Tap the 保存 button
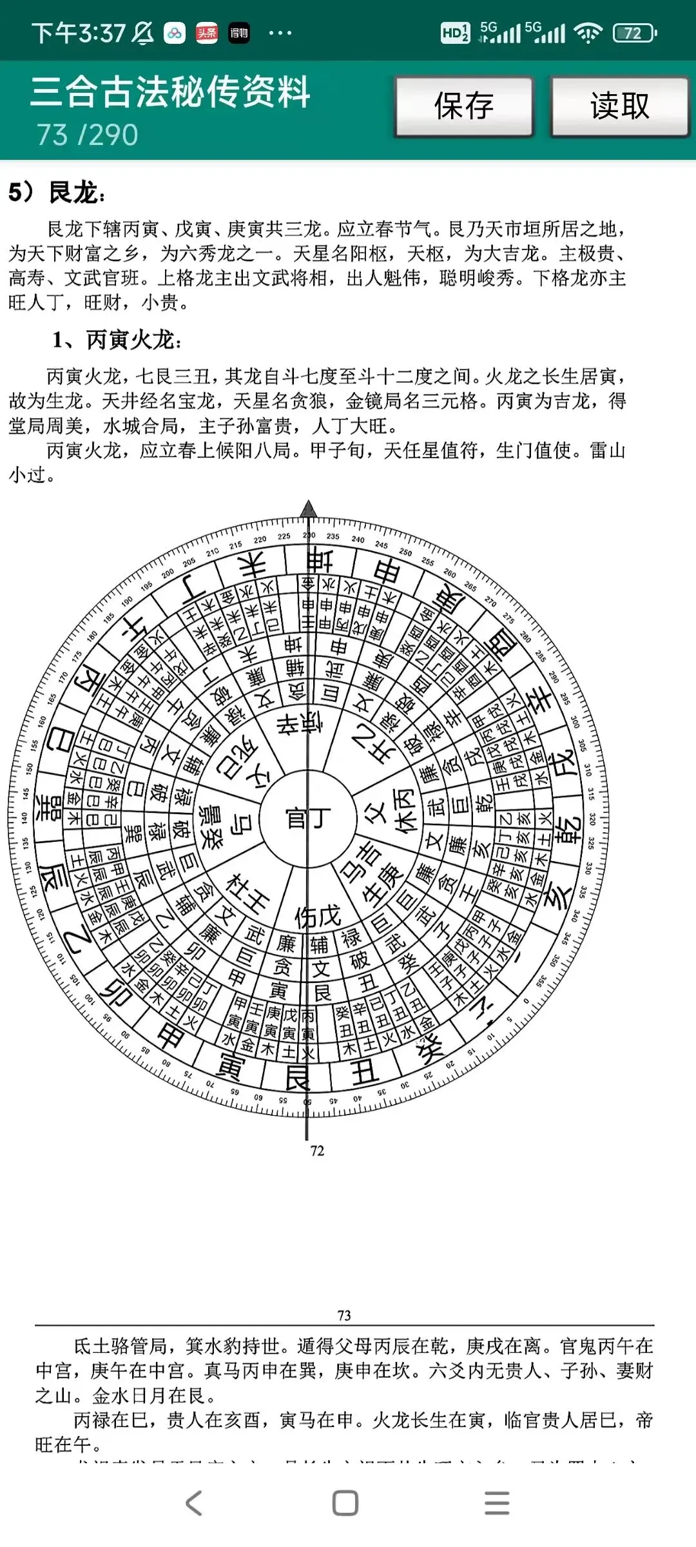click(x=464, y=106)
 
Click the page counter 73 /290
click(x=87, y=135)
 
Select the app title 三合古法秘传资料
click(x=170, y=92)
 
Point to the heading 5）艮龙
click(x=57, y=192)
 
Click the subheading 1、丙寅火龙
click(x=117, y=340)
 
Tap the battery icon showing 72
click(x=634, y=33)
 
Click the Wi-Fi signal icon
click(x=587, y=32)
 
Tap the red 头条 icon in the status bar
click(x=207, y=33)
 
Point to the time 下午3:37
click(x=78, y=33)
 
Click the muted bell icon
click(x=142, y=33)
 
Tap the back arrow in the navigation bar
click(x=194, y=1503)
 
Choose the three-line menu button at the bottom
click(x=497, y=1503)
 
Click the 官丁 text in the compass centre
click(x=308, y=819)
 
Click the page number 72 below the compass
click(x=317, y=1151)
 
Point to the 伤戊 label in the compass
click(x=318, y=916)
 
